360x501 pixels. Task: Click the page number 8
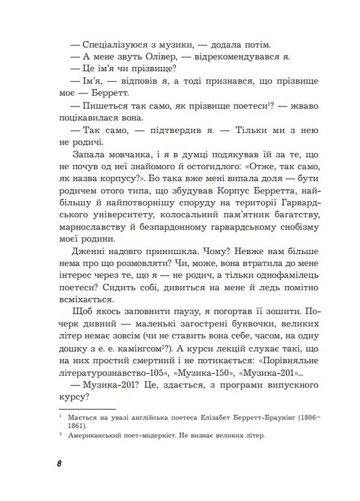[x=58, y=465]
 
